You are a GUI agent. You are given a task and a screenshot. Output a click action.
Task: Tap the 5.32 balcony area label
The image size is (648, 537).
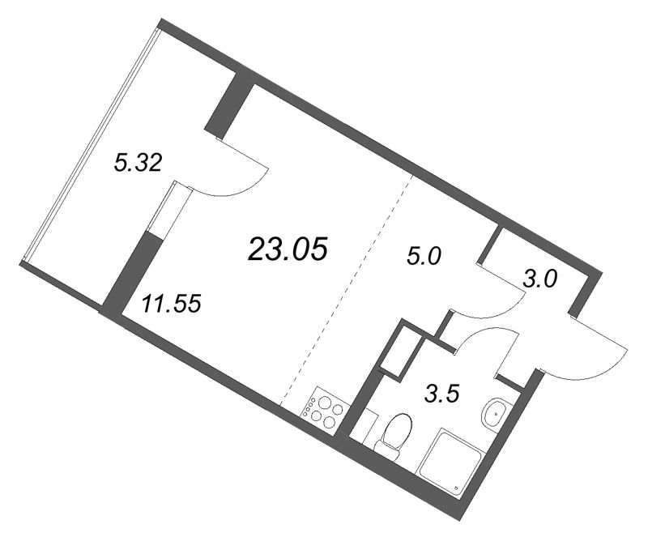pyautogui.click(x=139, y=164)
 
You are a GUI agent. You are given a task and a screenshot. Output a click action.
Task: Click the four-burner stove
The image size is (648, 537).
pyautogui.click(x=324, y=410)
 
